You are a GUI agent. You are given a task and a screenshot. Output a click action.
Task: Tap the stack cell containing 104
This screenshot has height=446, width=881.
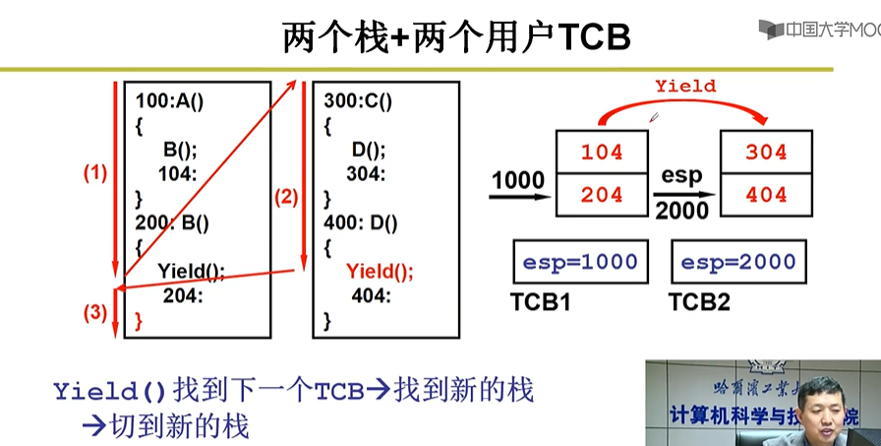point(603,153)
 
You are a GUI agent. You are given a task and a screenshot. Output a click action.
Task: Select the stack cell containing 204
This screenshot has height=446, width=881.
point(603,195)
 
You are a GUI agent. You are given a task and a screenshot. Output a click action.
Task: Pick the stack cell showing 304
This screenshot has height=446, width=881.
point(766,153)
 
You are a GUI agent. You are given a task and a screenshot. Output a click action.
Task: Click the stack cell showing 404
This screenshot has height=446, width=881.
point(766,195)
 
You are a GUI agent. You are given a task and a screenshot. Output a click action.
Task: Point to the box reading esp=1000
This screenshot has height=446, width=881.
point(580,264)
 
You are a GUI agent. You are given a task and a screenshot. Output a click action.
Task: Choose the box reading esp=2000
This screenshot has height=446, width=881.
point(737,264)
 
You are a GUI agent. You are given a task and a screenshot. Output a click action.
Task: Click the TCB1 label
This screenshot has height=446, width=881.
point(540,302)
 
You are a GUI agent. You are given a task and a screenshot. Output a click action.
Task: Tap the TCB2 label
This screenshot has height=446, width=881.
point(700,302)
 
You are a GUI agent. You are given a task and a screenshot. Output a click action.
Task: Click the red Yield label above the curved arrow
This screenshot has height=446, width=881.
point(685,86)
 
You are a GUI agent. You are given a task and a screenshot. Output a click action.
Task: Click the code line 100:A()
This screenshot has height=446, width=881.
point(176,100)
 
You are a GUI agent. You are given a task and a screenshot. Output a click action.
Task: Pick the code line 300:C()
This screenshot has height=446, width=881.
point(358,100)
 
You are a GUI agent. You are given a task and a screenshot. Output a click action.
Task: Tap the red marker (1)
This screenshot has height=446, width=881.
point(94,173)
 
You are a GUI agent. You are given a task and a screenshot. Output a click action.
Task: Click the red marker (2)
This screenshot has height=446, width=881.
point(285,197)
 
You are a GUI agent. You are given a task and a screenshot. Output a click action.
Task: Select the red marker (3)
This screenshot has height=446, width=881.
point(94,314)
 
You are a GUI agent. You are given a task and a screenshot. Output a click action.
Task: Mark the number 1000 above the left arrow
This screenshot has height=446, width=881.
point(518,180)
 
